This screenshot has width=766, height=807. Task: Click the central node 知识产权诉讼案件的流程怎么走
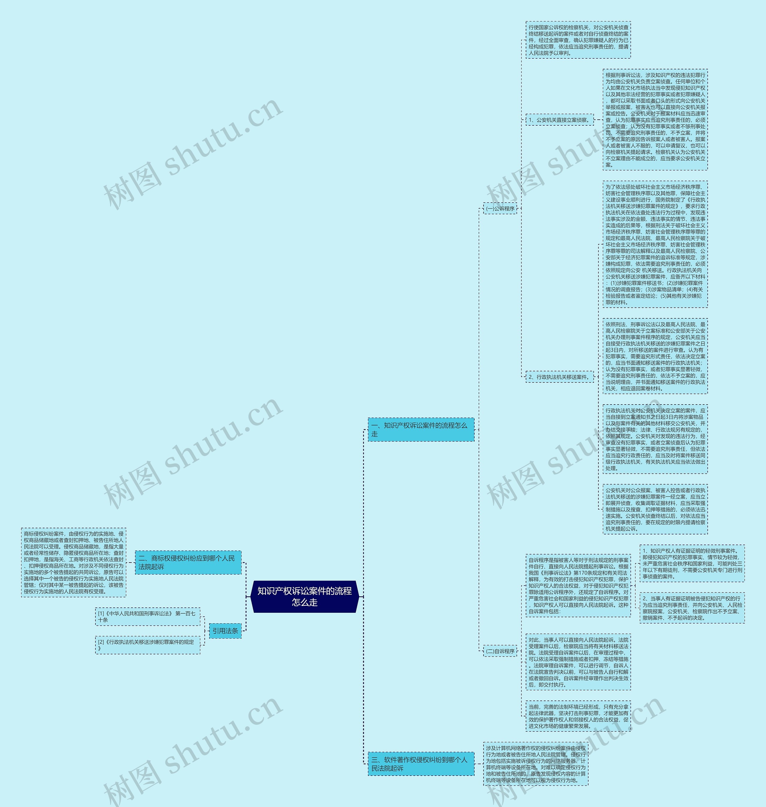[304, 596]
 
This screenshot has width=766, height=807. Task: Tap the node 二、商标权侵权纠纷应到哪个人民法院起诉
[188, 562]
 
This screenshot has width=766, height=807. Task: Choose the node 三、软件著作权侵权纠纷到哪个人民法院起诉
[421, 764]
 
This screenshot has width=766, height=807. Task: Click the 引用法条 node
[225, 631]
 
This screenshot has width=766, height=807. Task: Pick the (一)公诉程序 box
[500, 209]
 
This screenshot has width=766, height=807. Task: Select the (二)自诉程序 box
[500, 651]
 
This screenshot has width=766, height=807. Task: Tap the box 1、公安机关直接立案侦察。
[560, 120]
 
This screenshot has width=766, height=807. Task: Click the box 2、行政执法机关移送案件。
[560, 377]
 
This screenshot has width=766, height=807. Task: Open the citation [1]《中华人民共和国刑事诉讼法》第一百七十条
[148, 616]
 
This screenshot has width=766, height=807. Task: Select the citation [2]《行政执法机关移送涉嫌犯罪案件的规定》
[148, 645]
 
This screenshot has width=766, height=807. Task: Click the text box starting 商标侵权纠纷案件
[74, 562]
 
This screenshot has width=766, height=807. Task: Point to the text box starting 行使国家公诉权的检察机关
[578, 40]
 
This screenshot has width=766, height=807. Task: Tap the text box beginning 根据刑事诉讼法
[655, 120]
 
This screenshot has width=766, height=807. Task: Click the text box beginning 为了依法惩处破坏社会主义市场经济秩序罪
[655, 244]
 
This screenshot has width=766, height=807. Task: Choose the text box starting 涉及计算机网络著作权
[536, 764]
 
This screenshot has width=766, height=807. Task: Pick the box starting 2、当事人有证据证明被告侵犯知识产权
[692, 608]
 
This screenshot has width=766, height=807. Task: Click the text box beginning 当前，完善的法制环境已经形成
[578, 716]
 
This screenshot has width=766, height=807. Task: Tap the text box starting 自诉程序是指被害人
[578, 585]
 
